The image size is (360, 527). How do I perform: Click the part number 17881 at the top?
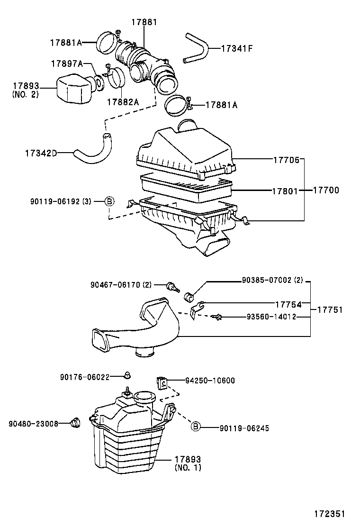pyautogui.click(x=144, y=22)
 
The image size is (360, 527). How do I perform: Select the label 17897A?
pyautogui.click(x=67, y=64)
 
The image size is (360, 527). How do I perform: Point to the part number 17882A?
pyautogui.click(x=123, y=102)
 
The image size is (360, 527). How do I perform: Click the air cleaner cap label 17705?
pyautogui.click(x=286, y=160)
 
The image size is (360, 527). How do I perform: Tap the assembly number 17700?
pyautogui.click(x=326, y=190)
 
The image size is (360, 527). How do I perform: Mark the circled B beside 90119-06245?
pyautogui.click(x=196, y=427)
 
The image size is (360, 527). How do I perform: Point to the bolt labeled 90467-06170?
pyautogui.click(x=171, y=286)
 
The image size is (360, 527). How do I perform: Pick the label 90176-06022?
pyautogui.click(x=85, y=377)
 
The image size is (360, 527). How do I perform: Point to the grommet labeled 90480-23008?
pyautogui.click(x=75, y=422)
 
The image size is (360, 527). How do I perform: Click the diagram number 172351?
pyautogui.click(x=328, y=514)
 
